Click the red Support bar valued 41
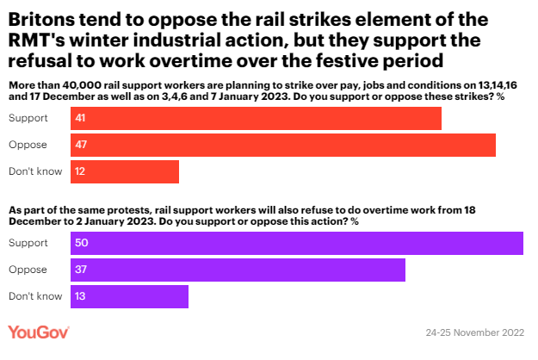coord(257,119)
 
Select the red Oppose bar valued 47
coord(283,145)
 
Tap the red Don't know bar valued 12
coord(125,171)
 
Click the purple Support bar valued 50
coord(297,244)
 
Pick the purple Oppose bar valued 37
coord(238,270)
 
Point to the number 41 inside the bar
coord(81,119)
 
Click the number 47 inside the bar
coord(81,145)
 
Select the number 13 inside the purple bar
coord(81,296)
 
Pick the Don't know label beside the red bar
coord(35,171)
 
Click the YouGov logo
coord(39,332)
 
